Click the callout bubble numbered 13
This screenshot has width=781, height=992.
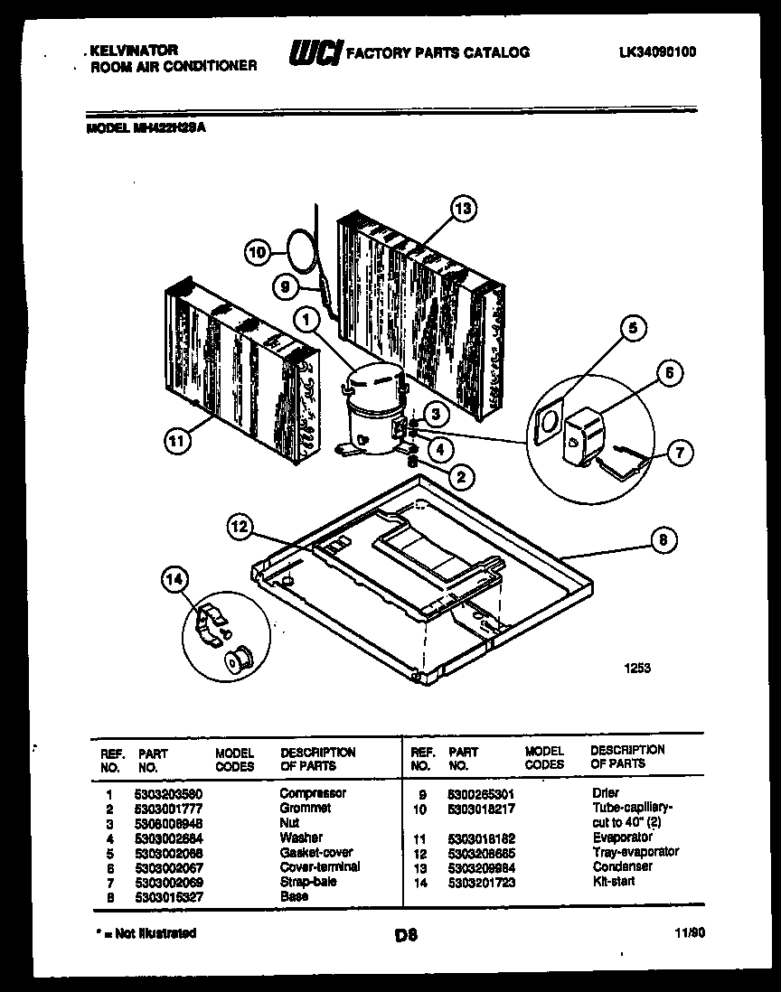click(x=462, y=210)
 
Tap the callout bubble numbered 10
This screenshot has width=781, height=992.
click(x=259, y=253)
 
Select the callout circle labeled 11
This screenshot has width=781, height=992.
click(x=178, y=441)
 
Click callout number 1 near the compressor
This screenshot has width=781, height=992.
click(x=308, y=318)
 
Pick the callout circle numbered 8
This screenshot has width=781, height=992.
click(x=664, y=541)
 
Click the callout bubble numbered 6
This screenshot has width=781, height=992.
click(x=670, y=373)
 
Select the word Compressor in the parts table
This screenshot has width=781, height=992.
click(x=313, y=793)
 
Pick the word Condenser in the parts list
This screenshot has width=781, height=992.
click(x=623, y=866)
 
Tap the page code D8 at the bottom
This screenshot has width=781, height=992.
click(x=406, y=936)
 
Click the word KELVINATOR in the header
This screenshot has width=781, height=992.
click(x=134, y=51)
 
